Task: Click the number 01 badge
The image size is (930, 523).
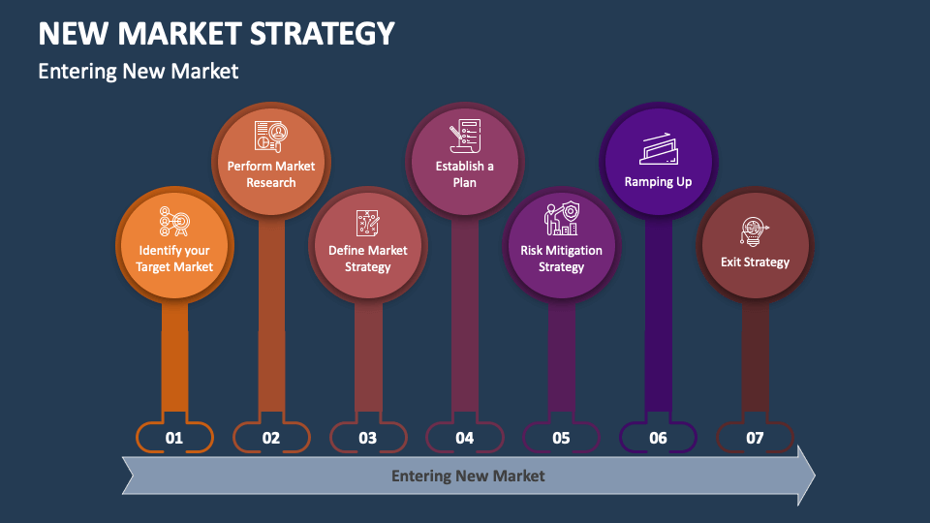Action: coord(174,438)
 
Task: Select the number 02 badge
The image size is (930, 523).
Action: coord(271,438)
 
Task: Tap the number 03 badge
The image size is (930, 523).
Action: coord(368,438)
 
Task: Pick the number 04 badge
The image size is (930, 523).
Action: coord(465,438)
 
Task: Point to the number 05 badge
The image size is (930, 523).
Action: coord(562,438)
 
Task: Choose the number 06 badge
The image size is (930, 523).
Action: coord(659,438)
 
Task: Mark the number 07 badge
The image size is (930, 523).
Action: coord(756,438)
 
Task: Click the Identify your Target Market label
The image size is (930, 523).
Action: coord(174,259)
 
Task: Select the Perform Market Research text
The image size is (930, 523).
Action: coord(271,173)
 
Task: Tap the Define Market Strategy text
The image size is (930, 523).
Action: coord(368,259)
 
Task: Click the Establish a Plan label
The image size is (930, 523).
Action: coord(465,173)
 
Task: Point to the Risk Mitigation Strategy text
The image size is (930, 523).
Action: coord(562,259)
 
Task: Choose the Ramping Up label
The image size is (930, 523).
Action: coord(659,181)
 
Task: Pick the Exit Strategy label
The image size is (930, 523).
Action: coord(756,261)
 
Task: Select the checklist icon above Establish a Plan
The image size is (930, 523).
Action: coord(464,138)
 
